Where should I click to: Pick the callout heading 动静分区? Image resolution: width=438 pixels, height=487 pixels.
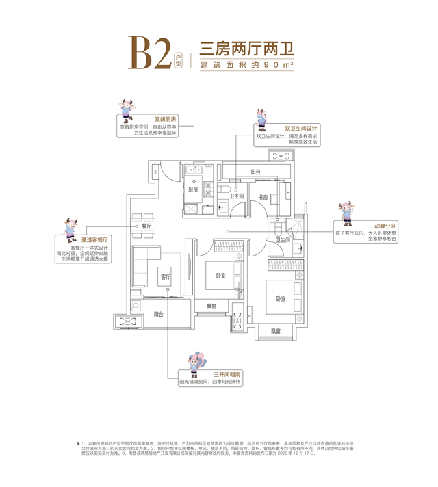367,225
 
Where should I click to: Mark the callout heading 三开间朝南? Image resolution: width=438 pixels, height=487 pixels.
227,373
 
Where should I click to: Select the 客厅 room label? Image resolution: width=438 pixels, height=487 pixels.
165,278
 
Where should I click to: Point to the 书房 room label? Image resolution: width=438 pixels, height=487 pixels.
263,198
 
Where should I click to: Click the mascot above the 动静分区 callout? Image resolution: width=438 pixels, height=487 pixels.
344,213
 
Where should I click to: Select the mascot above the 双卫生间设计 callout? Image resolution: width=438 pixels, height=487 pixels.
261,119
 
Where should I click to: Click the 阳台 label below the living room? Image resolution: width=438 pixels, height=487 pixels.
158,314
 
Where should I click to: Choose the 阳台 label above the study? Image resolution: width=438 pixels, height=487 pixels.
255,172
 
